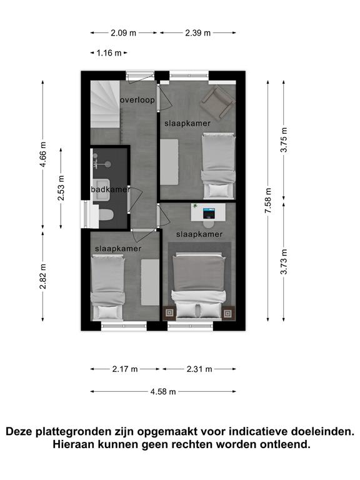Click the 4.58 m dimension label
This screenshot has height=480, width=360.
click(x=163, y=391)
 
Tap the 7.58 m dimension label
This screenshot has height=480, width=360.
click(x=268, y=201)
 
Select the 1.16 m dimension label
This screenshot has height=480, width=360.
click(x=109, y=53)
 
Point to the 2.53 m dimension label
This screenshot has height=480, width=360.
click(x=61, y=188)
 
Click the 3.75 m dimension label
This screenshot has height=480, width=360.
click(x=284, y=139)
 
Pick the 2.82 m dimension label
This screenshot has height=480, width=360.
click(x=43, y=276)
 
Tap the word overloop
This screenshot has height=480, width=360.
click(x=137, y=100)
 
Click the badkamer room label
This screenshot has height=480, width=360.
click(x=111, y=189)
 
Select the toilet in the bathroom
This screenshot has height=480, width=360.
click(x=106, y=215)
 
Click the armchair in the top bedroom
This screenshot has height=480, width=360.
click(x=217, y=103)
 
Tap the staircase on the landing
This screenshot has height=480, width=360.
click(x=105, y=104)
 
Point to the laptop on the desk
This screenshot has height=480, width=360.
click(x=209, y=213)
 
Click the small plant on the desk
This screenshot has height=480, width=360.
click(x=195, y=206)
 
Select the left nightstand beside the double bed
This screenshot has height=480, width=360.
click(x=169, y=313)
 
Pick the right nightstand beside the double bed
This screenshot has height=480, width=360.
click(x=227, y=313)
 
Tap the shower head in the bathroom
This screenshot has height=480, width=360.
click(x=107, y=164)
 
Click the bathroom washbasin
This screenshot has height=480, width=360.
click(x=101, y=190)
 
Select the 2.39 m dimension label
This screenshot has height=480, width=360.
click(x=198, y=32)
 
